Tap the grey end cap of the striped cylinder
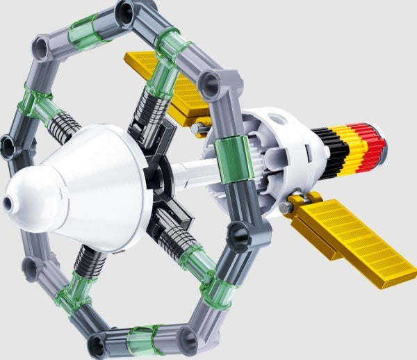coord(382,143)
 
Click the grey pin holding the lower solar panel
coord(286,206)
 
